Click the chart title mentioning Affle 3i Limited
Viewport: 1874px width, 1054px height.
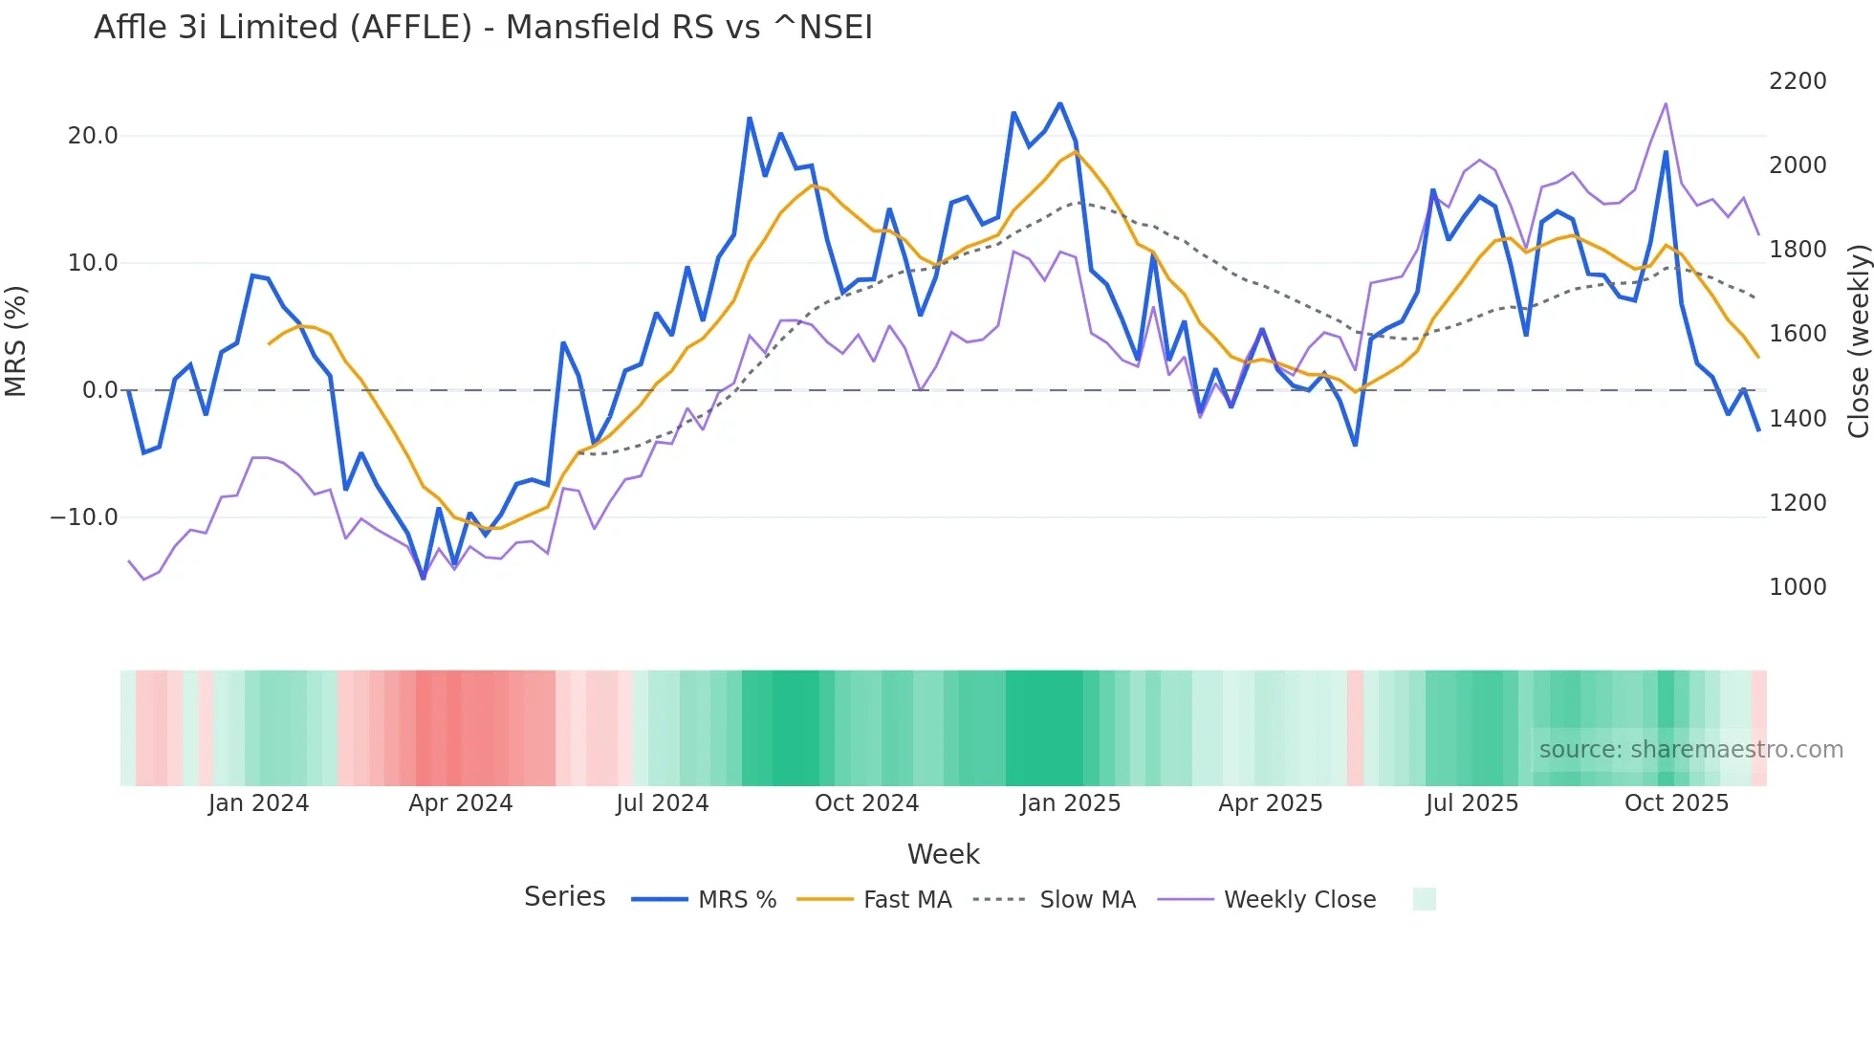pos(483,28)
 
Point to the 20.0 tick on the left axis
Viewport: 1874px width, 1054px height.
pos(93,136)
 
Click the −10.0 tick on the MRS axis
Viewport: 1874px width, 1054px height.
pos(84,517)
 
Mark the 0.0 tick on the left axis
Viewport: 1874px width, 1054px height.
pos(99,390)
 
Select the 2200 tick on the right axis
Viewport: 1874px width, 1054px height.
pos(1798,81)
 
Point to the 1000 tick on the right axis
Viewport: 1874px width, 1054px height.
pos(1798,587)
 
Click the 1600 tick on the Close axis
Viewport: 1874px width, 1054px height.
pos(1798,334)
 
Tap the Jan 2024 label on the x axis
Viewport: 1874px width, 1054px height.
pos(258,803)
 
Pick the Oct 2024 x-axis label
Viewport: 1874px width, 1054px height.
pos(866,803)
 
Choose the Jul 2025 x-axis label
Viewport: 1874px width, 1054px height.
pos(1471,803)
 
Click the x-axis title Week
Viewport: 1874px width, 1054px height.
pos(943,854)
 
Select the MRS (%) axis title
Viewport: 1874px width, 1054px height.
pos(16,340)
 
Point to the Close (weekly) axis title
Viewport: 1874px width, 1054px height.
pos(1859,341)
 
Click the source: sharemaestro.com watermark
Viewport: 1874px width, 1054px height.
pos(1690,750)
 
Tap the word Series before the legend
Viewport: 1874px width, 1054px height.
pos(564,897)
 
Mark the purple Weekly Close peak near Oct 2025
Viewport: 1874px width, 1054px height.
pos(1666,103)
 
